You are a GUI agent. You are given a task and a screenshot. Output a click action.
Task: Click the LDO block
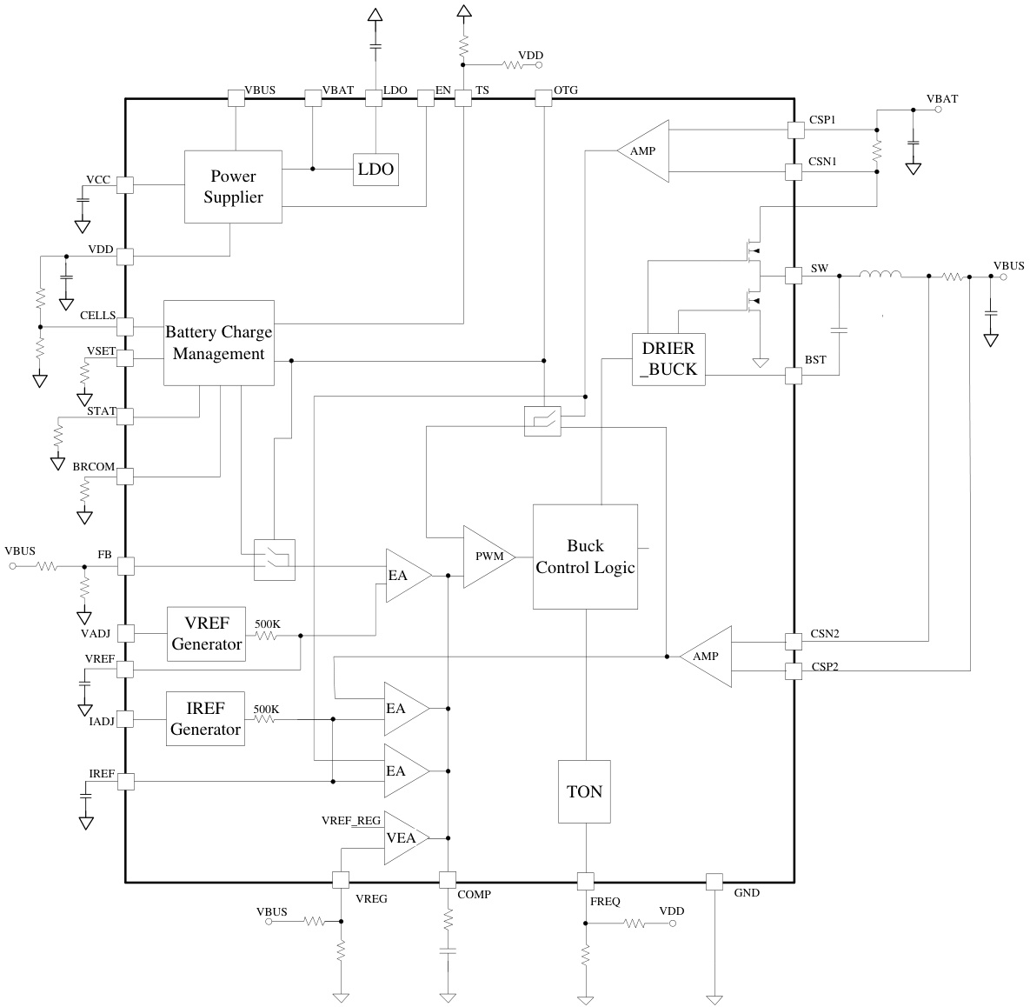[x=375, y=170]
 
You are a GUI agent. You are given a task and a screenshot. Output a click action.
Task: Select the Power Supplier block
[x=233, y=187]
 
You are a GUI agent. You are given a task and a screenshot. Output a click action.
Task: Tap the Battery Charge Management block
[x=219, y=343]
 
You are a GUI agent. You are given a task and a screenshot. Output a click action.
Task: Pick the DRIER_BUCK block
[x=668, y=359]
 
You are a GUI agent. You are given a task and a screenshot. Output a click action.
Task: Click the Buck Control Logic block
[x=585, y=557]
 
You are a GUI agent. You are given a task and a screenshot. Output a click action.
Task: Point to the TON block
[x=584, y=791]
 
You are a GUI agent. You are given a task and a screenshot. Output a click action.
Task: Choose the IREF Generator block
[x=205, y=719]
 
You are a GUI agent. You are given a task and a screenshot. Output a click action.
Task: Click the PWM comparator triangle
[x=488, y=557]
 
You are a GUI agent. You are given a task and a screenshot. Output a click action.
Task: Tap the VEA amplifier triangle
[x=405, y=837]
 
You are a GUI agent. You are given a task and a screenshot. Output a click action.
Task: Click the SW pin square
[x=794, y=275]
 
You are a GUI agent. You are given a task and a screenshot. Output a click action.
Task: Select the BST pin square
[x=794, y=376]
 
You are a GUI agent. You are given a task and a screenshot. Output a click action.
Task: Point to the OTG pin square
[x=542, y=98]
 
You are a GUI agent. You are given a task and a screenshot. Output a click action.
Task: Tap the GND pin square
[x=714, y=882]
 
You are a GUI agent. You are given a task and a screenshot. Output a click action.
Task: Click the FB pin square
[x=125, y=566]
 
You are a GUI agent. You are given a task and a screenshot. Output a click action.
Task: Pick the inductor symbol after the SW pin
[x=880, y=276]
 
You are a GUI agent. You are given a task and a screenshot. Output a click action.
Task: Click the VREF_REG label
[x=350, y=820]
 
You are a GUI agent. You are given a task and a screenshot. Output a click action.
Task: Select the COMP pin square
[x=448, y=881]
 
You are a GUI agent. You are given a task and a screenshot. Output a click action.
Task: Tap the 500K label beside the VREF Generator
[x=267, y=624]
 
